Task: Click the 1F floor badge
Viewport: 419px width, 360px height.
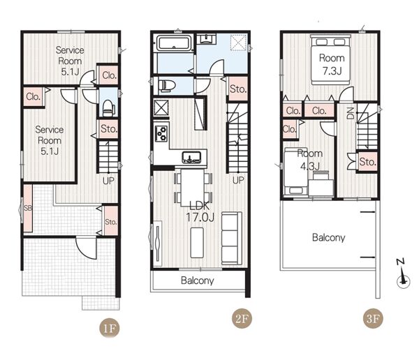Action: (x=110, y=328)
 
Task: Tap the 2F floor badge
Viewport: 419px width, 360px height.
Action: (x=242, y=318)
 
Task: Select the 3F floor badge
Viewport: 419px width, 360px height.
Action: (x=373, y=318)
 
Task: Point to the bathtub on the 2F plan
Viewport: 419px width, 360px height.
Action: (x=175, y=43)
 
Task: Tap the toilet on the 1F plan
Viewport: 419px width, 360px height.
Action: (x=109, y=108)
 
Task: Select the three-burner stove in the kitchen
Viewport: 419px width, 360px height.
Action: (x=161, y=133)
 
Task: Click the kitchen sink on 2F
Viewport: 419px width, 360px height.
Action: (x=191, y=157)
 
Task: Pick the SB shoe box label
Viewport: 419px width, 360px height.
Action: (x=28, y=208)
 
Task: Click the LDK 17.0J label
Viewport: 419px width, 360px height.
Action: (x=200, y=212)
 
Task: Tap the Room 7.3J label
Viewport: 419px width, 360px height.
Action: (x=332, y=64)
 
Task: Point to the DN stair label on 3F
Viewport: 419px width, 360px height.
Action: (x=351, y=113)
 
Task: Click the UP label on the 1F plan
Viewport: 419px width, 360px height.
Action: (x=108, y=181)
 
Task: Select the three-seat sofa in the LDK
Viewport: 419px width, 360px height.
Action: (x=232, y=238)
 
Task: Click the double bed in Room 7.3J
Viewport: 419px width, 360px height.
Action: (x=330, y=59)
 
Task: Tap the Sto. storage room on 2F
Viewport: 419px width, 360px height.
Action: (x=238, y=89)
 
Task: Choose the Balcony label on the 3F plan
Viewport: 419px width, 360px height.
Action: (x=329, y=237)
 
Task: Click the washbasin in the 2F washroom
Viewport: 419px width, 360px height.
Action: (x=207, y=39)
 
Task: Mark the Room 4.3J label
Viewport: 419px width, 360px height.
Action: (x=310, y=160)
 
